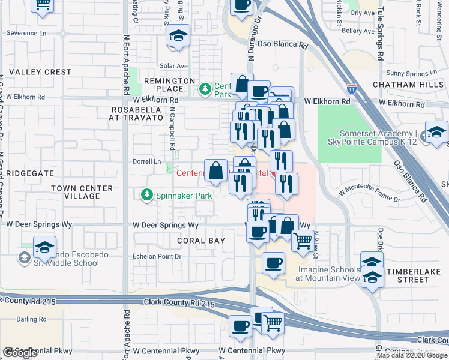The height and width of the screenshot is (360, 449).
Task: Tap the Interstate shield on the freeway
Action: pyautogui.click(x=352, y=89)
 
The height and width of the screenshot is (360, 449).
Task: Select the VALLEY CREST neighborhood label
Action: pyautogui.click(x=40, y=72)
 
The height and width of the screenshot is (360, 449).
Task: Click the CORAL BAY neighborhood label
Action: pyautogui.click(x=201, y=241)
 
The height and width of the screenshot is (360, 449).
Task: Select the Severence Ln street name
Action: pyautogui.click(x=26, y=33)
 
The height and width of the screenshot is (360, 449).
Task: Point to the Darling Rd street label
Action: pyautogui.click(x=31, y=319)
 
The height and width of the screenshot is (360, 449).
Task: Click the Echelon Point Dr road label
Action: pyautogui.click(x=157, y=256)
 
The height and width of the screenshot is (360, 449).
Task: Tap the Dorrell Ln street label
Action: pyautogui.click(x=148, y=162)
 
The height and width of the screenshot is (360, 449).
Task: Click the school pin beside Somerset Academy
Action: pyautogui.click(x=436, y=133)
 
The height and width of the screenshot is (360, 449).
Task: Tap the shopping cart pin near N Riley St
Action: pyautogui.click(x=303, y=241)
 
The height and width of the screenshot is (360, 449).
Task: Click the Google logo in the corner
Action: pyautogui.click(x=20, y=353)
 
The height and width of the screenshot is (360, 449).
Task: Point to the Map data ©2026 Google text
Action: pyautogui.click(x=412, y=355)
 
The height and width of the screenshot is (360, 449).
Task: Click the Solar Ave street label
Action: pyautogui.click(x=174, y=66)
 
